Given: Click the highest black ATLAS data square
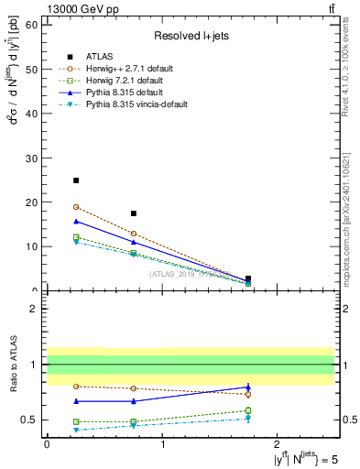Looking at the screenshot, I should coord(76,180).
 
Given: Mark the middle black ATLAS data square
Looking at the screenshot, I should coord(134,213).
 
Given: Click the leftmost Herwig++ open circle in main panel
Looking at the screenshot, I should coord(76,207).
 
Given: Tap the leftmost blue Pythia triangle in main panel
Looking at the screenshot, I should coord(76,221).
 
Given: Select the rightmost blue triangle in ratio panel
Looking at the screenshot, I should coord(248,387).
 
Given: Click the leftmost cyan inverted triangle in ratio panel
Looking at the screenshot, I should coord(76,430).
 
